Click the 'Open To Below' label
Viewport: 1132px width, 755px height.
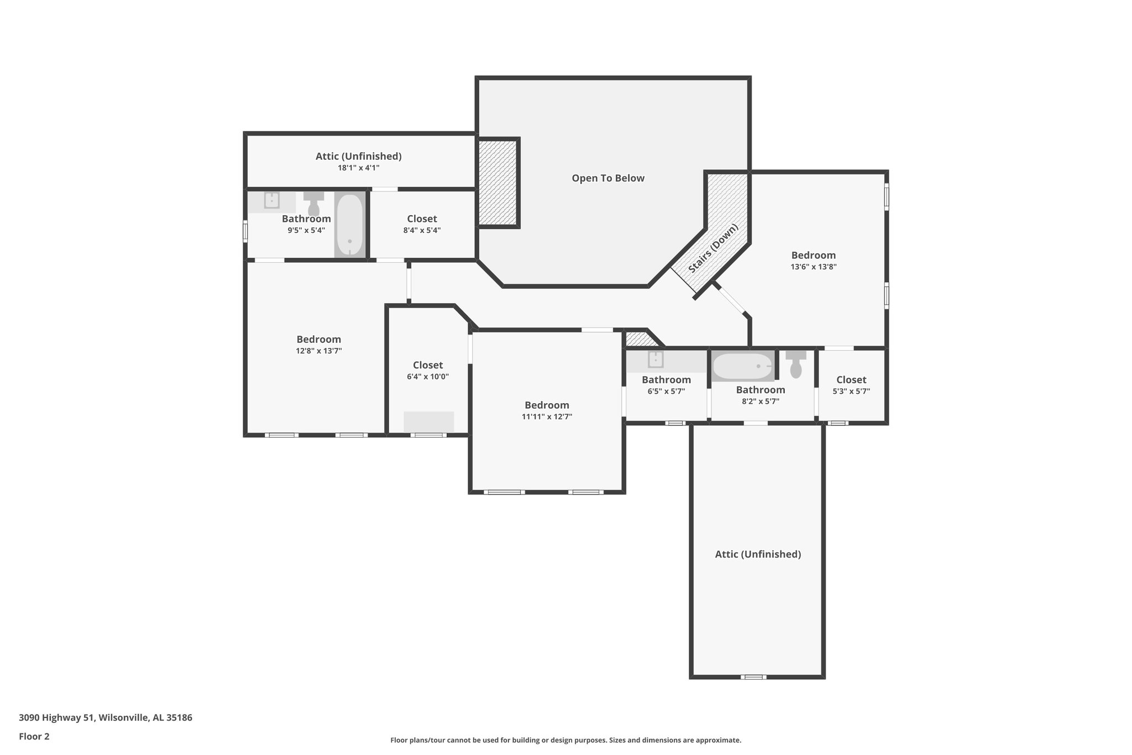click(x=608, y=178)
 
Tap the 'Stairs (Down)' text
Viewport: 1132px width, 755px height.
click(x=713, y=248)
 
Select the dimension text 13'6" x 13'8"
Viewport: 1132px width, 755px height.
click(x=813, y=267)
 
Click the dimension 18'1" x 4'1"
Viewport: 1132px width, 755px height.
click(x=359, y=168)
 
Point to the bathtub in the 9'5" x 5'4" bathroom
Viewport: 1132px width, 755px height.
click(x=349, y=225)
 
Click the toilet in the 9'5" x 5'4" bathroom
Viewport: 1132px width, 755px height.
click(x=313, y=203)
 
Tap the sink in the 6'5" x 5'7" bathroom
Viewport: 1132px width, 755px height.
click(x=656, y=360)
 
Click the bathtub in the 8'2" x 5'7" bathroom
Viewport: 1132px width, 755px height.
click(x=742, y=366)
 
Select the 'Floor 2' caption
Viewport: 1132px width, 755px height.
click(x=34, y=736)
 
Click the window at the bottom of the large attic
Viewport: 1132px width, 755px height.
click(x=753, y=676)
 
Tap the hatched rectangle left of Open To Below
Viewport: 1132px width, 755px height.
click(x=497, y=183)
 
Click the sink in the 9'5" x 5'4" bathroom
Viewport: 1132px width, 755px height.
click(x=271, y=200)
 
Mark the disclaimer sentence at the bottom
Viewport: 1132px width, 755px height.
click(x=565, y=740)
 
